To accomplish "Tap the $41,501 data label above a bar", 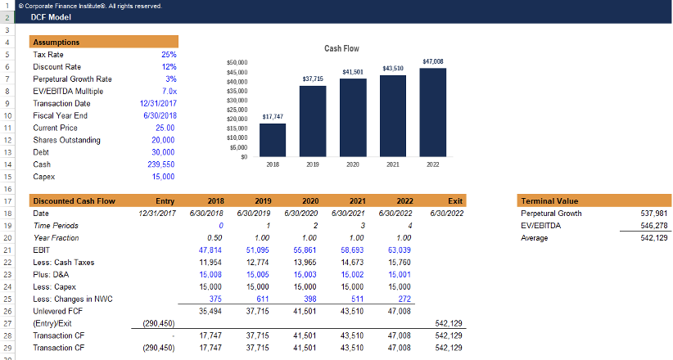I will [353, 72].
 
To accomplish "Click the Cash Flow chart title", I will [341, 49].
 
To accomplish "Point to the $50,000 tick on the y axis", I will [237, 61].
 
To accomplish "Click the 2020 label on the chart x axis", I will [353, 164].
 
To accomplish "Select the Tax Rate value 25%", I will [169, 54].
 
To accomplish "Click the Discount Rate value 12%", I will [169, 66].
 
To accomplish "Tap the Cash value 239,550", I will [164, 164].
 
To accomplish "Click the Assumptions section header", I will [56, 42].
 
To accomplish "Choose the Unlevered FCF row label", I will [56, 311].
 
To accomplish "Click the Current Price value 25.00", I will [165, 128].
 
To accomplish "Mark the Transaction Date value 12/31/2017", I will [159, 103].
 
